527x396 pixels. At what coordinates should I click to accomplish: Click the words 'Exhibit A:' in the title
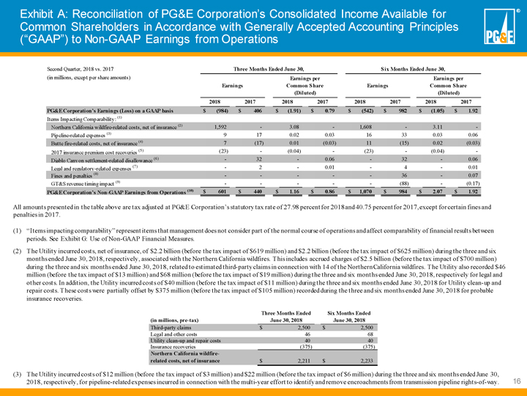click(x=45, y=13)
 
